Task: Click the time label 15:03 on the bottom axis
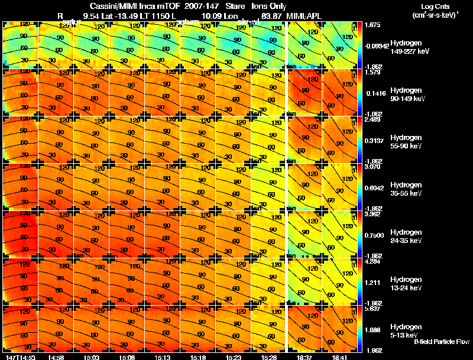coord(92,357)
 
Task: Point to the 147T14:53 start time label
coord(20,357)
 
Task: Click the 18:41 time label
coord(341,357)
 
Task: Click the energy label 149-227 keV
coord(409,51)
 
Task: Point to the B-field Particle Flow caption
coord(441,342)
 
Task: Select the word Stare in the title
coord(235,6)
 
